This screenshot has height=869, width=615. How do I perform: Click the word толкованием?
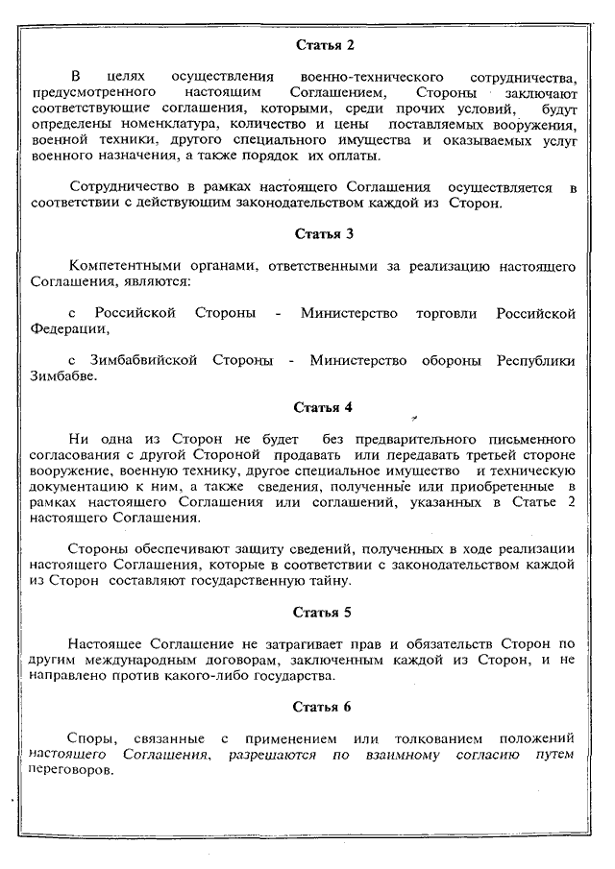click(x=420, y=737)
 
